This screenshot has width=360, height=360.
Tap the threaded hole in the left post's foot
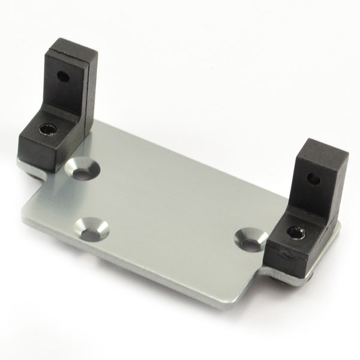[x=46, y=129]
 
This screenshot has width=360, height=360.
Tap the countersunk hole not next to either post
[x=92, y=228]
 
